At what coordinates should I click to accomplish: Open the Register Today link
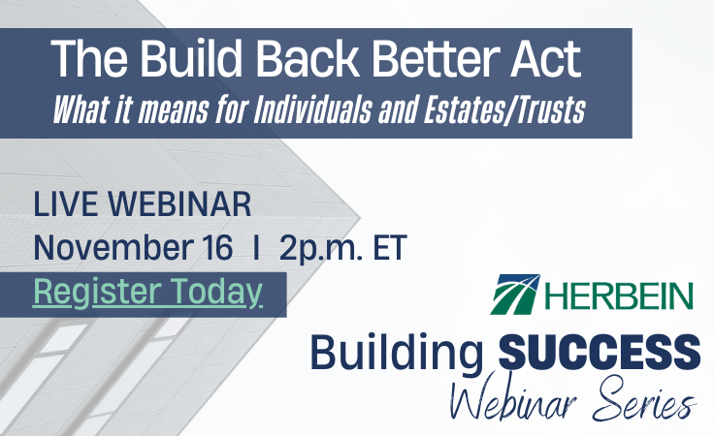coord(147,292)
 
